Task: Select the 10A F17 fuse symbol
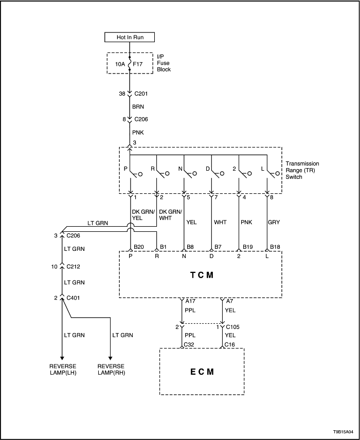point(130,64)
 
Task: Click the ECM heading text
point(201,371)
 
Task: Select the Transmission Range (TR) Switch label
point(303,170)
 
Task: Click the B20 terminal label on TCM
point(138,246)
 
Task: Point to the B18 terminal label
point(275,246)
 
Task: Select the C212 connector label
point(74,267)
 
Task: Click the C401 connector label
point(74,298)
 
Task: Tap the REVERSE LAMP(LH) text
point(62,369)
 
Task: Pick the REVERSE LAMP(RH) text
point(111,369)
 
